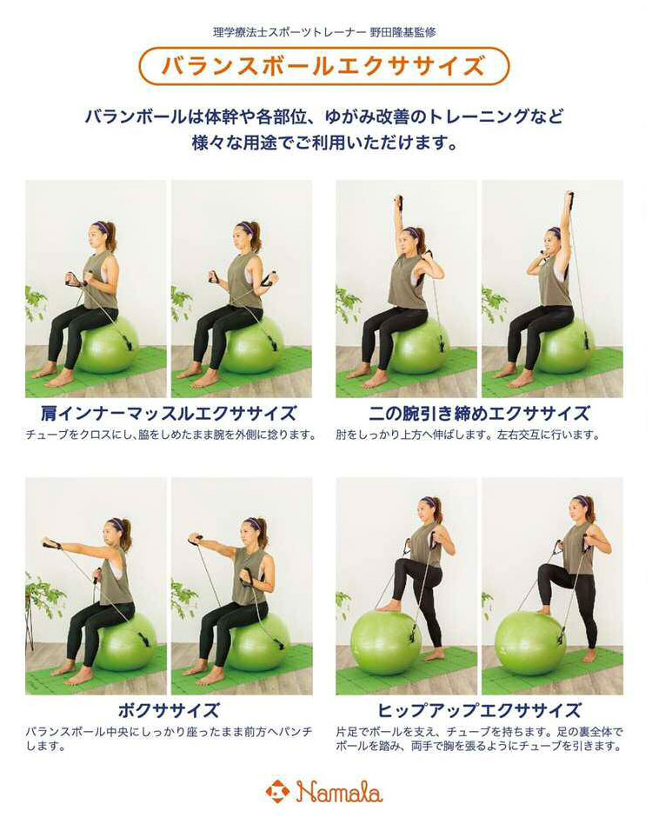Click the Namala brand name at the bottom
point(339,792)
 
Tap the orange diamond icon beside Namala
point(277,792)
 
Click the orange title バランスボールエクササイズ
point(323,66)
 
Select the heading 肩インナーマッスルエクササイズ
point(168,413)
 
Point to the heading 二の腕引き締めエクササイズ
point(479,413)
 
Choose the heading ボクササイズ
point(168,710)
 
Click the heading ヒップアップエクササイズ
point(479,710)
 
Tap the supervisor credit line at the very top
point(324,32)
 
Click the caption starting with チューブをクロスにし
point(170,435)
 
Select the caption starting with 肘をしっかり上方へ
point(468,435)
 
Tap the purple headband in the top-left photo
point(101,228)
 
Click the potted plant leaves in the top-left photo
point(36,302)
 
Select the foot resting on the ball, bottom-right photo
point(544,611)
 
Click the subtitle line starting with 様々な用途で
point(324,143)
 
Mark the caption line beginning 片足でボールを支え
point(479,732)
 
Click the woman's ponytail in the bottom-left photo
point(126,534)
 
